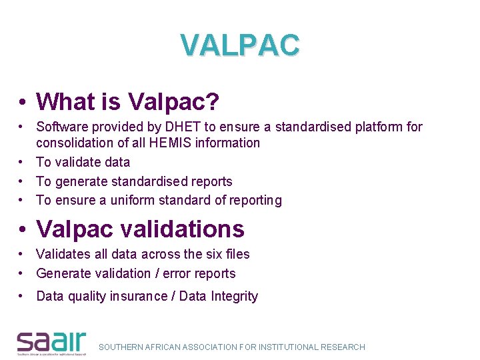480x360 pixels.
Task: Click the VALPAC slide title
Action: point(240,45)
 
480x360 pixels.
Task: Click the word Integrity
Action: point(233,297)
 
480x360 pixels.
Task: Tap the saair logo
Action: point(51,342)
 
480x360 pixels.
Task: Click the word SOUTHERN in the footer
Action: point(122,347)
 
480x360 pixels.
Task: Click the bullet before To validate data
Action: point(22,162)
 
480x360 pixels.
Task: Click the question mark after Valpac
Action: point(213,102)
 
